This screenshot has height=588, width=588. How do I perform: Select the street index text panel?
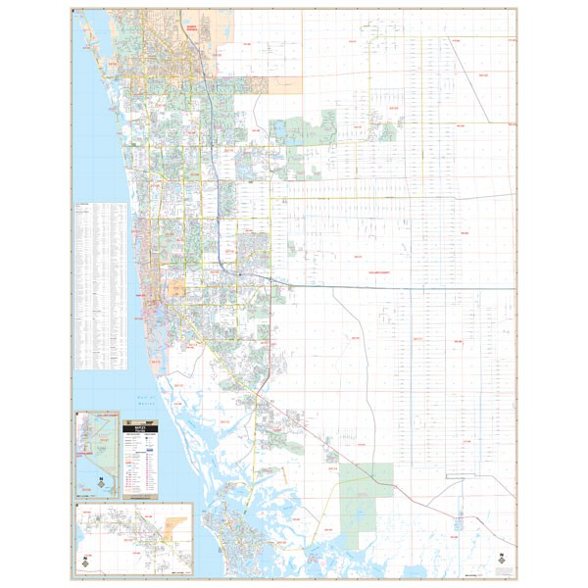(x=101, y=285)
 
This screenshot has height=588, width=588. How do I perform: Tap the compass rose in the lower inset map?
(x=85, y=563)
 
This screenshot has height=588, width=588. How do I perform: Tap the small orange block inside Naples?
(x=176, y=290)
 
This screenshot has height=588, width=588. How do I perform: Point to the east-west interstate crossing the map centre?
(x=392, y=287)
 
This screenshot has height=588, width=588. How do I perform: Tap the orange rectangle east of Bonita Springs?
(x=283, y=85)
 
